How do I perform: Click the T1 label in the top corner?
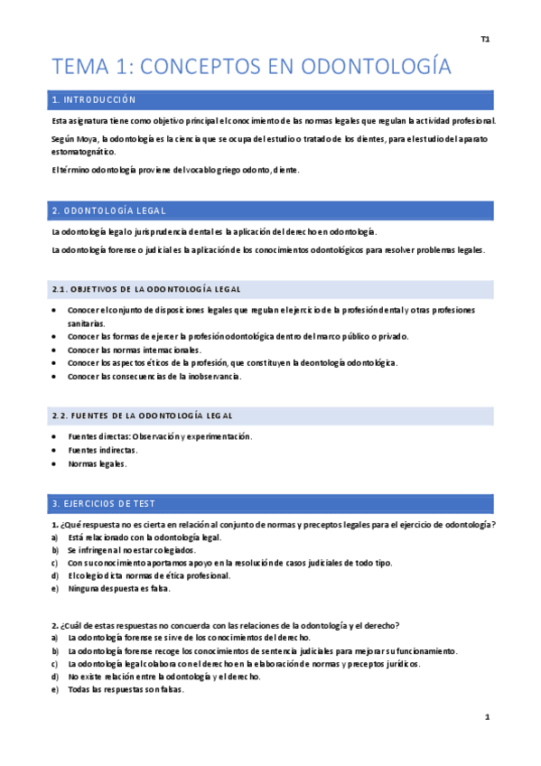point(485,39)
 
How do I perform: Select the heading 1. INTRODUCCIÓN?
point(94,99)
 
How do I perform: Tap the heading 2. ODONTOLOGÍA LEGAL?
point(108,210)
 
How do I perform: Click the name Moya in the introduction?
point(89,138)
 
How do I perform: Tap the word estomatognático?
point(84,152)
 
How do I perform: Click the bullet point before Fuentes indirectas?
point(56,450)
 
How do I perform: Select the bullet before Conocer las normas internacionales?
point(56,350)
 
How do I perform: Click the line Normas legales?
point(98,464)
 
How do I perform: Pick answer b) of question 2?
point(262,650)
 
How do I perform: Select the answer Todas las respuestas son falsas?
point(126,689)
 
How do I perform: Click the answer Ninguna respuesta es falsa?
point(118,589)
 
